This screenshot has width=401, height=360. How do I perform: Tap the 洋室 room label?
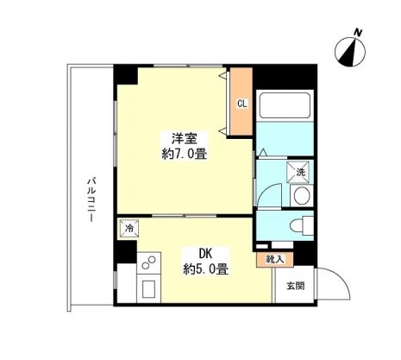[x=180, y=138]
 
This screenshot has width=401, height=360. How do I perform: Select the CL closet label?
[x=242, y=104]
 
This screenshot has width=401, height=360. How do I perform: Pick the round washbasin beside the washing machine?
[x=302, y=196]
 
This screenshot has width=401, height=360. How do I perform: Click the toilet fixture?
[x=298, y=226]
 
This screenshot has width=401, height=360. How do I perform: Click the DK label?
[x=206, y=254]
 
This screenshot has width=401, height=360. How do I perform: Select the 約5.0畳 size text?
[x=206, y=269]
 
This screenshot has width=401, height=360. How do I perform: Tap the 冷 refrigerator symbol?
[x=128, y=229]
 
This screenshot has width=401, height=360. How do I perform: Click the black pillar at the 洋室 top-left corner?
[x=126, y=74]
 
